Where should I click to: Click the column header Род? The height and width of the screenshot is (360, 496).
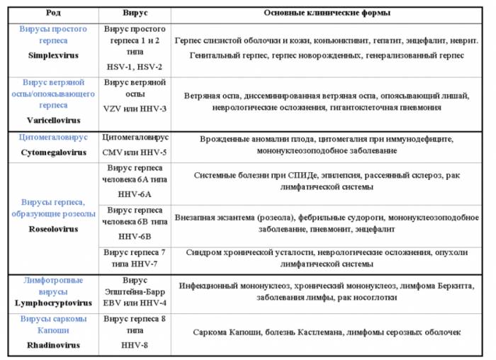tap(53, 13)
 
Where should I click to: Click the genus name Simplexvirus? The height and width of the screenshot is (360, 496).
tap(53, 55)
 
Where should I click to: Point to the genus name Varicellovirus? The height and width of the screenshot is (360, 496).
tap(53, 120)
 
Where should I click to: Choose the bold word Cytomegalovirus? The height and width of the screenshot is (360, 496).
tap(53, 152)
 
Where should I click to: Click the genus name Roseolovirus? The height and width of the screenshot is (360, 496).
tap(53, 230)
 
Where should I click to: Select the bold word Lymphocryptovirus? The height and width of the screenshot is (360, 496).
tap(53, 302)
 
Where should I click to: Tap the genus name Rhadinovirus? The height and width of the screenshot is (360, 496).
tap(53, 345)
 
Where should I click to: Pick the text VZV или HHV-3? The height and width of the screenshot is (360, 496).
tap(135, 109)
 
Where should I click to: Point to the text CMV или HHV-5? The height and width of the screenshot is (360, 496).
tap(135, 152)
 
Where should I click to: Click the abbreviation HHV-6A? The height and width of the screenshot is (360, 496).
tap(135, 193)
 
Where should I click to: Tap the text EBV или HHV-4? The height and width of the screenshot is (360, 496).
tap(135, 302)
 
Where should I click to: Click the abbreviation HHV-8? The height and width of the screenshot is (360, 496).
tap(135, 345)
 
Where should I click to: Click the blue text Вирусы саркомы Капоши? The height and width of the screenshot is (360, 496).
tap(53, 325)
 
